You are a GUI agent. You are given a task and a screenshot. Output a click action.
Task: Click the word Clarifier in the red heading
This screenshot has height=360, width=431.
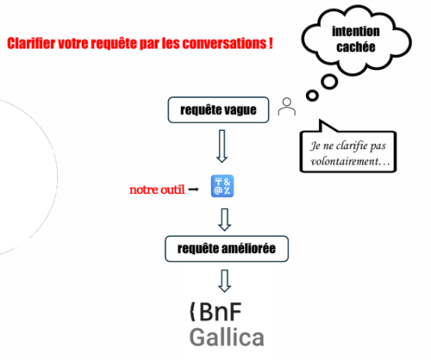[31, 43]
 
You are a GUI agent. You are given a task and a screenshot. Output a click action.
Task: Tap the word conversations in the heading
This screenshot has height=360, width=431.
[225, 43]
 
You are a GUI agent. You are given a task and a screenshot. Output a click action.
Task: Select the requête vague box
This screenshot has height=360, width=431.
[218, 110]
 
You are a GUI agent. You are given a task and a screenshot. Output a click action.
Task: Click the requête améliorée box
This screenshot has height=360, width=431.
[227, 249]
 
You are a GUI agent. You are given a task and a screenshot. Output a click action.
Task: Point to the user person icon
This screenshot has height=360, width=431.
[287, 107]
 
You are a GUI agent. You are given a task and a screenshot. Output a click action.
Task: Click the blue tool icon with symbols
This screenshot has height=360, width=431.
[222, 186]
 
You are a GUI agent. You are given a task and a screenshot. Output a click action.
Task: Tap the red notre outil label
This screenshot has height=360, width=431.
[157, 189]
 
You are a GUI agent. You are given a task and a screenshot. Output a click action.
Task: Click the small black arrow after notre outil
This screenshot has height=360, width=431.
[193, 189]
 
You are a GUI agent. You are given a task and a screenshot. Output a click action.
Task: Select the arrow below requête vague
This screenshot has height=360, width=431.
[222, 146]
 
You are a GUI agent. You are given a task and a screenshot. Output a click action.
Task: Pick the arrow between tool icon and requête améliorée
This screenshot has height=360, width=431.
[224, 220]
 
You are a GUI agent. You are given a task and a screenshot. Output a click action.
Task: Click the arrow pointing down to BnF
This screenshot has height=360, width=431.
[224, 281]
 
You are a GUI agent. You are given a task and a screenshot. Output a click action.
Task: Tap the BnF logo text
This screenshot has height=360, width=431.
[215, 312]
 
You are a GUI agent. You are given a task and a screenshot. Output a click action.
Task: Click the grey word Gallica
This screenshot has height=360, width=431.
[227, 338]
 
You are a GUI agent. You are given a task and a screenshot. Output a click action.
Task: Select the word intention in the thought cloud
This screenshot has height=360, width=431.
[356, 31]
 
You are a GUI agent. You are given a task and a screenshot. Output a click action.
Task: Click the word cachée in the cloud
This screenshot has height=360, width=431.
[356, 47]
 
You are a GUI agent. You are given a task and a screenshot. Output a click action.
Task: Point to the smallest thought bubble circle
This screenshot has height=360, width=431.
[312, 96]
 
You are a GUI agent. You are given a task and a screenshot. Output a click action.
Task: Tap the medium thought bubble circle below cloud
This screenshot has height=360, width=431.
[329, 82]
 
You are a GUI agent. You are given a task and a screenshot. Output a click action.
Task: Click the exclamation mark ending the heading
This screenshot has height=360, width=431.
[271, 43]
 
